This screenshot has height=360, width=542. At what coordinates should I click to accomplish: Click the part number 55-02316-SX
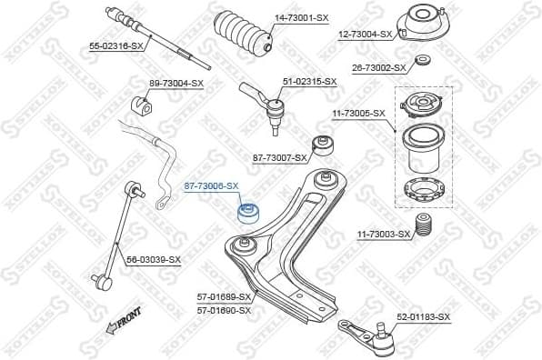[x=116, y=45]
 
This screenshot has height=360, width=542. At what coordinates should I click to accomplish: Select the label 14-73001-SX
[x=302, y=18]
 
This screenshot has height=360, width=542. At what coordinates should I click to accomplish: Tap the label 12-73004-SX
[x=366, y=35]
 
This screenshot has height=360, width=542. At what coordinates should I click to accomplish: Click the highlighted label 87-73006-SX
[x=211, y=185]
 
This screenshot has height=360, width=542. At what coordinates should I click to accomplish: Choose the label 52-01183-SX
[x=423, y=316]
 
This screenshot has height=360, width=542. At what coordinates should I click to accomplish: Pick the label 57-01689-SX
[x=225, y=296]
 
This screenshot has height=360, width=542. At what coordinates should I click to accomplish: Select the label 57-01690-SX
[x=225, y=310]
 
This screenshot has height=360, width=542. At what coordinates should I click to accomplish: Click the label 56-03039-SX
[x=153, y=260]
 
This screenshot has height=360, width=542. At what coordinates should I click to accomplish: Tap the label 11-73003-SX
[x=384, y=235]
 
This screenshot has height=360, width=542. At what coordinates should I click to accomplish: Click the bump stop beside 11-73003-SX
[x=422, y=226]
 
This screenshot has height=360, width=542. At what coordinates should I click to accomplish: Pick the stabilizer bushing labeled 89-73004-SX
[x=141, y=103]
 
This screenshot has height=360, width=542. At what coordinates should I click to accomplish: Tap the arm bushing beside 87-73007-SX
[x=321, y=145]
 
